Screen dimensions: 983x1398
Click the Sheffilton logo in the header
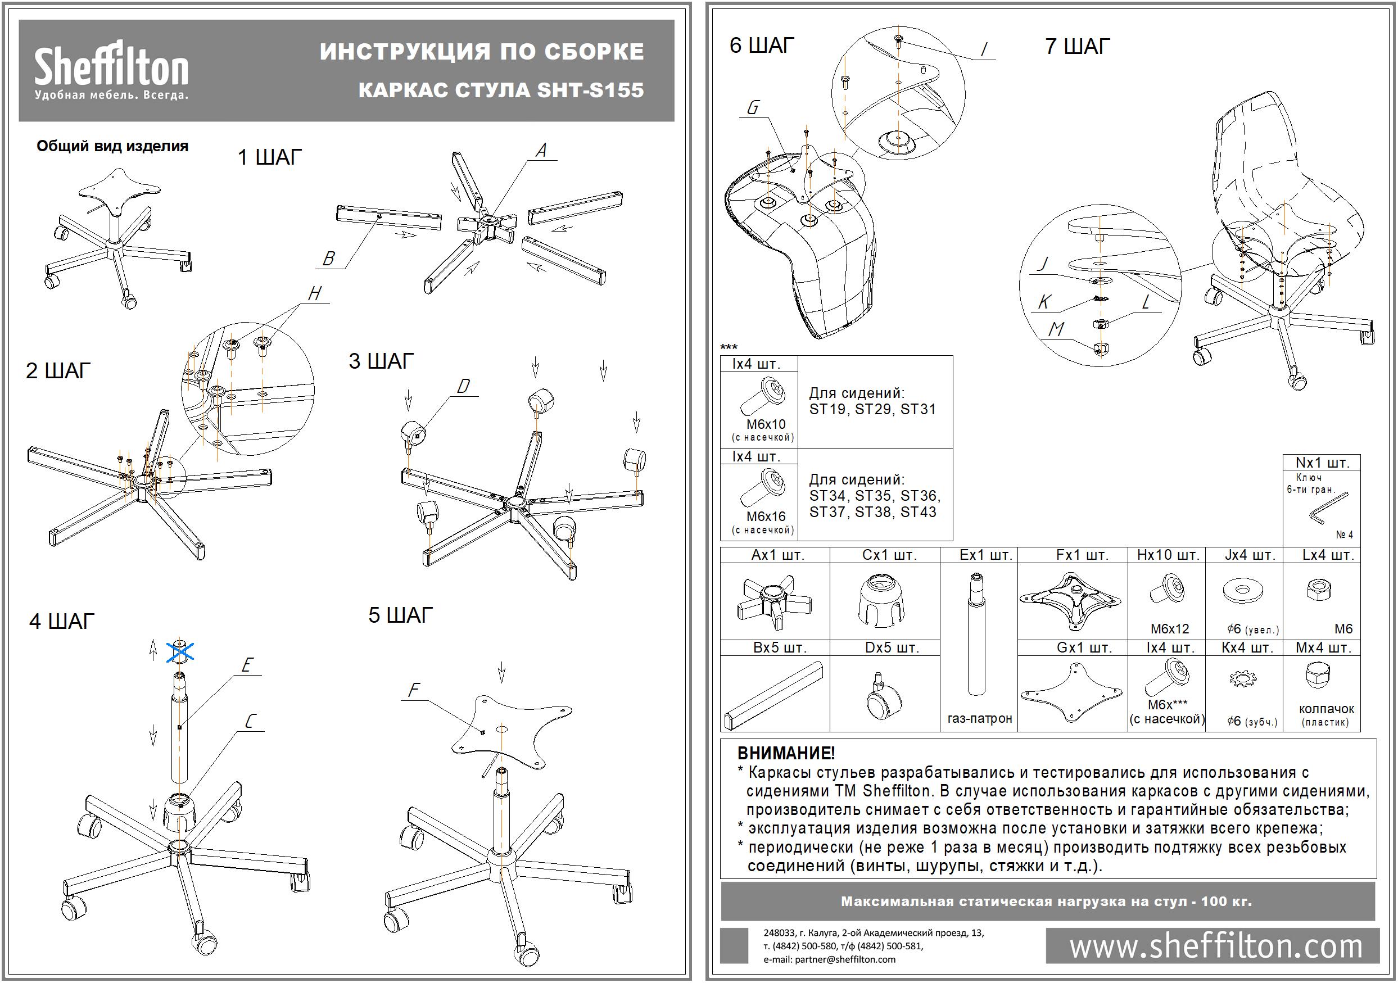111,70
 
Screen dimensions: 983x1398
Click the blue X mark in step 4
181,652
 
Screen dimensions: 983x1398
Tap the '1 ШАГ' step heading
269,157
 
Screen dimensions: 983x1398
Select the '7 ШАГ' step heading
1077,46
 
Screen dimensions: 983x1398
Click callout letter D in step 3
463,387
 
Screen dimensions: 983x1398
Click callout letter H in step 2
314,293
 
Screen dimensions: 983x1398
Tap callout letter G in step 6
753,108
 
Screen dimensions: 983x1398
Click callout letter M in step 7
1056,329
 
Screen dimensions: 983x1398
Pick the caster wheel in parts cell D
880,697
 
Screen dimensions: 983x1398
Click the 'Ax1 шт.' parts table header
777,555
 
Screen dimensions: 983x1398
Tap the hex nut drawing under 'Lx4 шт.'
1319,589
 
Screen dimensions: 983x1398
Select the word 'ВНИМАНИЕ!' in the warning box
785,753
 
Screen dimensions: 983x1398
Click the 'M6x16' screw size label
766,516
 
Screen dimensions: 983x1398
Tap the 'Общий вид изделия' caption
112,146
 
